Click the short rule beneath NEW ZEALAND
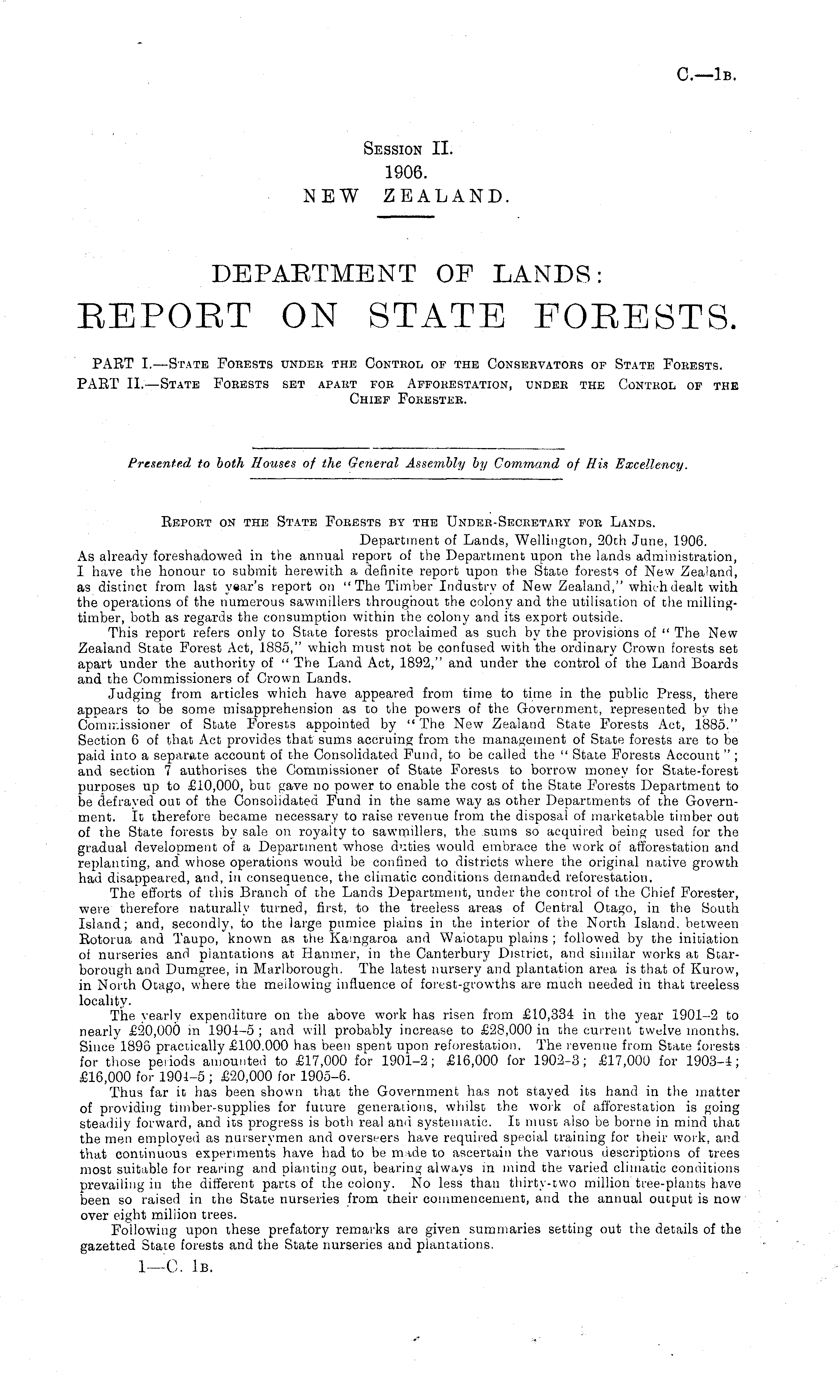(x=406, y=217)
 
